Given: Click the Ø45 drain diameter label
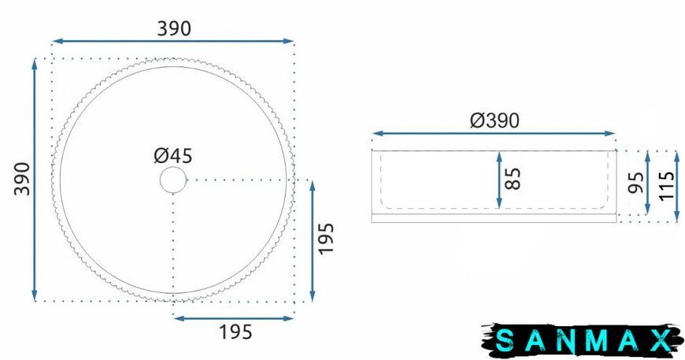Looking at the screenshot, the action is point(173,156).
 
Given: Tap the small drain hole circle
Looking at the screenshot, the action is point(173,180).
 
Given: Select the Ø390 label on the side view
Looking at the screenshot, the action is point(494,121).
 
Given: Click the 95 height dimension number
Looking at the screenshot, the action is point(635,182).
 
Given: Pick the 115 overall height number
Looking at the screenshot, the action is point(666,186).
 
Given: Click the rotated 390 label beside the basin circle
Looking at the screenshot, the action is point(22,179).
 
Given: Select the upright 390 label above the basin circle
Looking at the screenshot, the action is point(174,29).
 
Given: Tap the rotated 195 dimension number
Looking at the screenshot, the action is point(326,239).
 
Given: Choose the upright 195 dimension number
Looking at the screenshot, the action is point(235,332).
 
